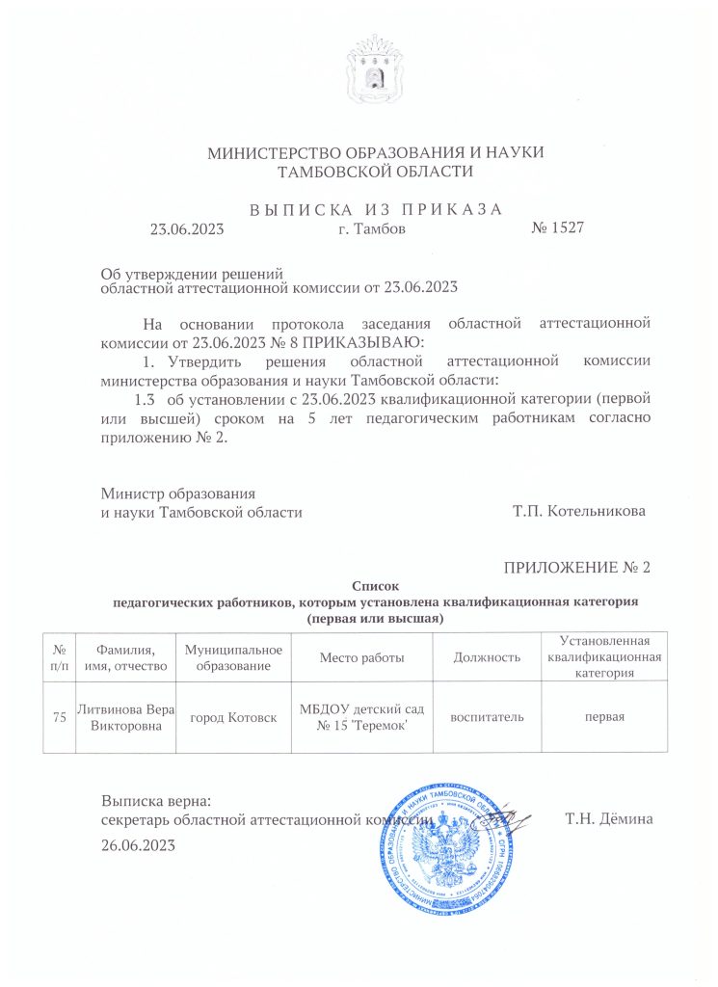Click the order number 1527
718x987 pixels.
(558, 228)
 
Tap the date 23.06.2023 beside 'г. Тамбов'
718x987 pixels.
(186, 229)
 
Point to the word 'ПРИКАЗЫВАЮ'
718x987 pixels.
(372, 342)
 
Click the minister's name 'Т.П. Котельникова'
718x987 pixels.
(578, 512)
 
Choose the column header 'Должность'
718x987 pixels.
(487, 657)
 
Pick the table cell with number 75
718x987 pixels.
(60, 718)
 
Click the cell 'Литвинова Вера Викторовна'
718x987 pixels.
(128, 718)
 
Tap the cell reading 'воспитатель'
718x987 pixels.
(487, 718)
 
